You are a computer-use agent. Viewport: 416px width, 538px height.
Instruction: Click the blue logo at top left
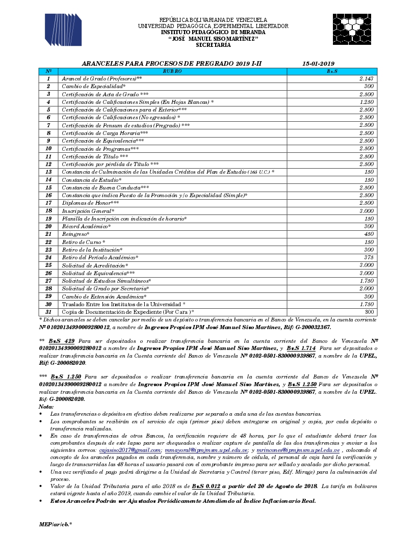pos(63,30)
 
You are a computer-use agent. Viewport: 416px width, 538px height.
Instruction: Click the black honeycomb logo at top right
pos(353,30)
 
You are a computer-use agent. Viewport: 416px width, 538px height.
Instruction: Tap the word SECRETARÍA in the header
pos(213,45)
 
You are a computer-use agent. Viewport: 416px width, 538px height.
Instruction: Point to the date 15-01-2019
pos(318,63)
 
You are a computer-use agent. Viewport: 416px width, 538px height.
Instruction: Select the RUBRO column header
pos(172,71)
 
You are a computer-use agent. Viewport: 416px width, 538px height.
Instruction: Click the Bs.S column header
pos(332,71)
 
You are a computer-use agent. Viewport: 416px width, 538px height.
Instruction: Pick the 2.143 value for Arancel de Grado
pos(367,79)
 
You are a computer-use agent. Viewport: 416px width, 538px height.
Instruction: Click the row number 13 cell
pos(48,172)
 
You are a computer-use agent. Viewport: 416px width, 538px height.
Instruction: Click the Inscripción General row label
pos(88,211)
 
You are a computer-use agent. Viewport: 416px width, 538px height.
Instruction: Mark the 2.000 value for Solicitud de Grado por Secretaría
pos(367,288)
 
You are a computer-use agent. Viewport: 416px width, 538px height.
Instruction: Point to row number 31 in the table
pos(48,311)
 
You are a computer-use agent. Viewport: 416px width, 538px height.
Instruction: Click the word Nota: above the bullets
pos(46,407)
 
